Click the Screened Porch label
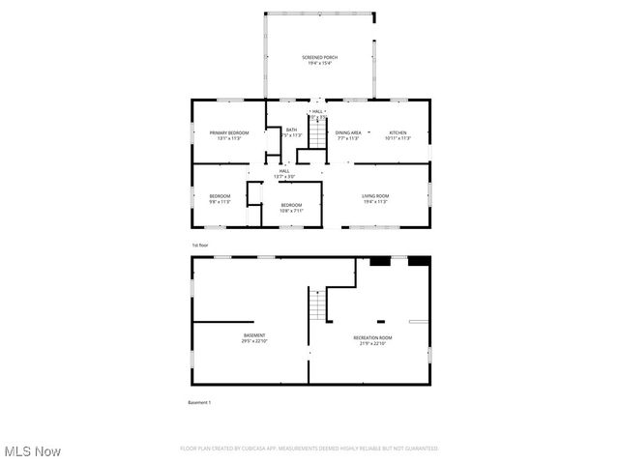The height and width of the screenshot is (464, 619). pyautogui.click(x=318, y=58)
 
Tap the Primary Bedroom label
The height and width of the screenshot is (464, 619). pyautogui.click(x=229, y=132)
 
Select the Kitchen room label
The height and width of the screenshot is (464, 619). pyautogui.click(x=398, y=132)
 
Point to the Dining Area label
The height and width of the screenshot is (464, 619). pyautogui.click(x=348, y=132)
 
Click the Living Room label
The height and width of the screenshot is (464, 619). pyautogui.click(x=375, y=196)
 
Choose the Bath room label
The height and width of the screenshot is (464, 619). pyautogui.click(x=291, y=130)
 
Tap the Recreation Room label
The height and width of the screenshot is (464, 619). pyautogui.click(x=372, y=337)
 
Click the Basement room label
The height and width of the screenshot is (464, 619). pyautogui.click(x=254, y=335)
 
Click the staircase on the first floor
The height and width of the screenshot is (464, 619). pyautogui.click(x=317, y=132)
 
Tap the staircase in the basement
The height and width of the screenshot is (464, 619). pyautogui.click(x=317, y=308)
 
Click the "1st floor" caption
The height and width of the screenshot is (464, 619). pyautogui.click(x=200, y=246)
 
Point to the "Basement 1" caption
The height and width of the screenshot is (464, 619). pyautogui.click(x=199, y=402)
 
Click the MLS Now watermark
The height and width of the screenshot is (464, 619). pyautogui.click(x=33, y=451)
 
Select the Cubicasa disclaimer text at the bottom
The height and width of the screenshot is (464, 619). pyautogui.click(x=309, y=449)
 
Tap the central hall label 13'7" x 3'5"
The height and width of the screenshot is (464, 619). pyautogui.click(x=284, y=177)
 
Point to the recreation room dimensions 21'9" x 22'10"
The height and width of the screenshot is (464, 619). pyautogui.click(x=372, y=342)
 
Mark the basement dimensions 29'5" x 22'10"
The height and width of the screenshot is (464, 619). pyautogui.click(x=254, y=341)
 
